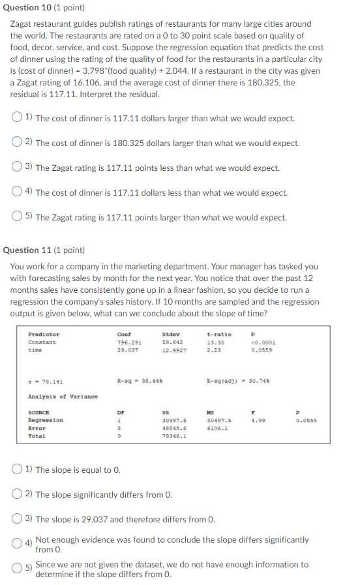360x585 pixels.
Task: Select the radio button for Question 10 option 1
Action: [17, 118]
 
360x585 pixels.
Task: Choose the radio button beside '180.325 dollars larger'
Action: [17, 143]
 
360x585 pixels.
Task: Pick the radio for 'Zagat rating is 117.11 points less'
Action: [17, 168]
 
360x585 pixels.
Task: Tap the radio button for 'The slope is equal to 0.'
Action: [17, 469]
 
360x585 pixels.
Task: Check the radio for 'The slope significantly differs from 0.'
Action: [17, 494]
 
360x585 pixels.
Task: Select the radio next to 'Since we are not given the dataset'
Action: [17, 569]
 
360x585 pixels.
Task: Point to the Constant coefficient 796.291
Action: [128, 342]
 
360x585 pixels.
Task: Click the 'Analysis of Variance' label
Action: [63, 396]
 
